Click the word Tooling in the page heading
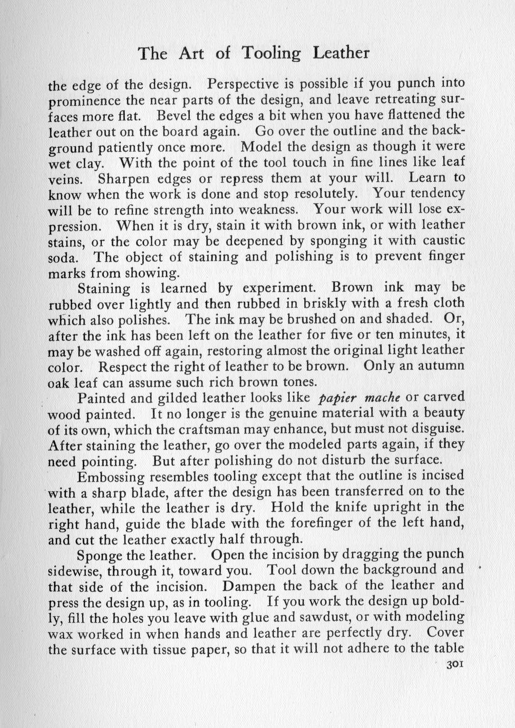point(271,54)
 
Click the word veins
point(65,179)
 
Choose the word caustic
point(439,241)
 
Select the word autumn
point(441,366)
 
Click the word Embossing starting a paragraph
point(111,477)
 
